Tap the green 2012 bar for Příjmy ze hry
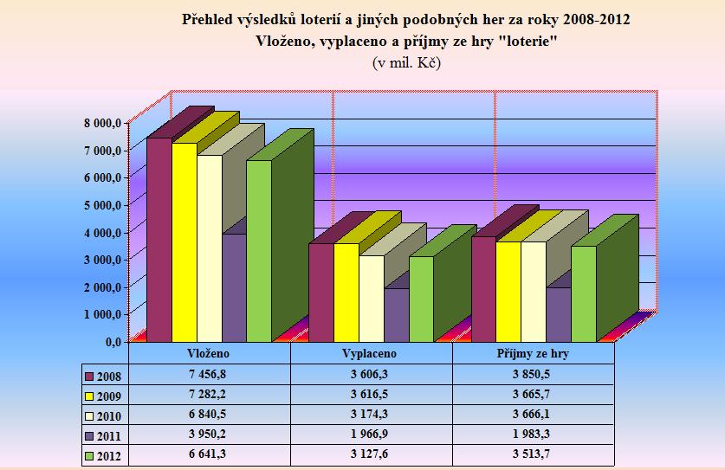(583, 293)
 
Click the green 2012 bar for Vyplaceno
(421, 299)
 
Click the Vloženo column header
(209, 355)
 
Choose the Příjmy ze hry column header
(533, 355)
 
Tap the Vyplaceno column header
(371, 355)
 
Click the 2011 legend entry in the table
(104, 435)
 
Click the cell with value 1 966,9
(371, 435)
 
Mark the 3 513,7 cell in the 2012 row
(533, 455)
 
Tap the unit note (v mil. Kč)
(406, 62)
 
